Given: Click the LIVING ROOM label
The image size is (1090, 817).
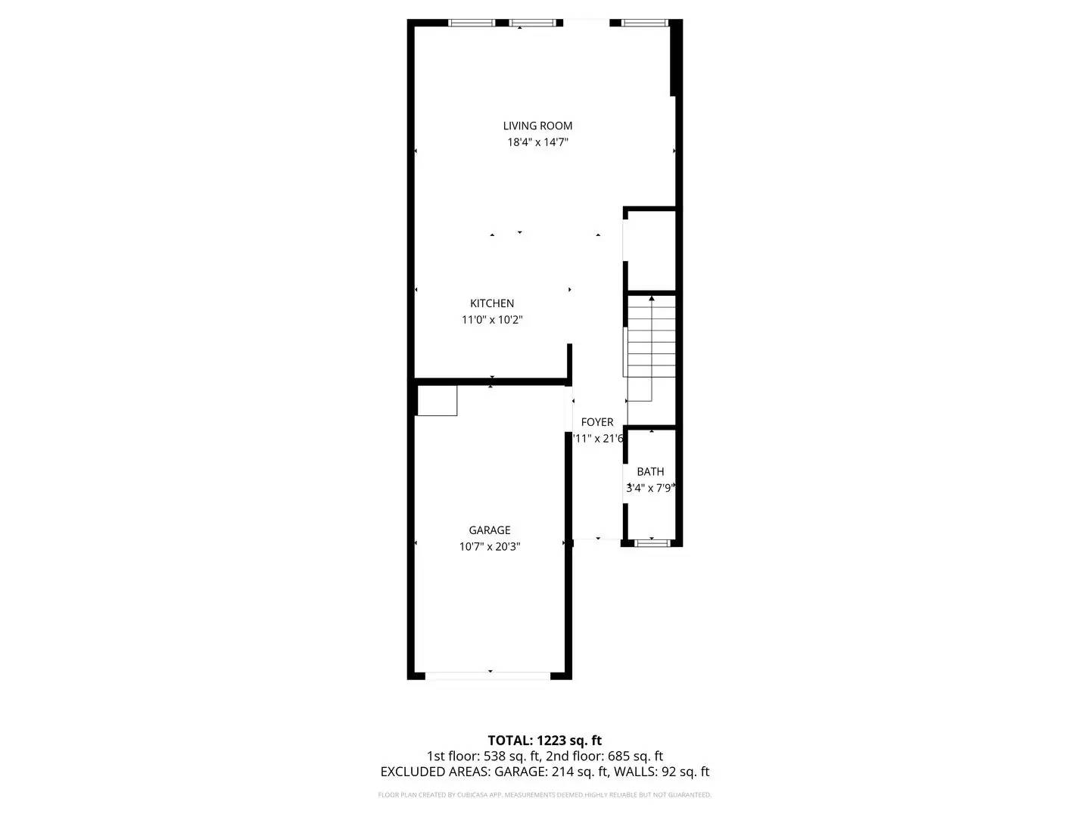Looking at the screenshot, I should tap(537, 126).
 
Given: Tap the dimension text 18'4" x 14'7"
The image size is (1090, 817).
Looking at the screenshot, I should tap(537, 142).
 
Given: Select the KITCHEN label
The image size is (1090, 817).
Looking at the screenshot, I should tap(492, 303).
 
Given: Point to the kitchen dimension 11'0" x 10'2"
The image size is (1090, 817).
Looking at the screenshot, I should tap(492, 320).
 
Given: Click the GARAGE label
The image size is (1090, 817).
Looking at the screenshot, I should tap(490, 530).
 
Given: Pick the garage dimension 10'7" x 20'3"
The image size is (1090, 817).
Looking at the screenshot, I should tap(490, 547).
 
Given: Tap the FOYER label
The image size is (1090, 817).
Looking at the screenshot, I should tap(597, 422).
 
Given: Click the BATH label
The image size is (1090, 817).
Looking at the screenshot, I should tap(650, 471).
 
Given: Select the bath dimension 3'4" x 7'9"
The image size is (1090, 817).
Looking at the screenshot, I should tap(650, 489).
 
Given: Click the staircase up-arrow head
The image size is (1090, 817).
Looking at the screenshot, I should tap(652, 299).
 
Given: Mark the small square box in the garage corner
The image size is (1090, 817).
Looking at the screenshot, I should tap(438, 400).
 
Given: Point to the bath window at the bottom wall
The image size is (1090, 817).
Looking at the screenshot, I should tap(651, 542).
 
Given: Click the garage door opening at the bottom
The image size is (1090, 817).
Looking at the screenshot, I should tap(490, 674).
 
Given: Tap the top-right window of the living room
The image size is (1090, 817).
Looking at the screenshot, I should tap(645, 23).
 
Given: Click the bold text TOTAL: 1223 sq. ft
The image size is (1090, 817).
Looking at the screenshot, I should tap(545, 740).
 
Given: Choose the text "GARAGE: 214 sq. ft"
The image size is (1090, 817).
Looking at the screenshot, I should tap(552, 772).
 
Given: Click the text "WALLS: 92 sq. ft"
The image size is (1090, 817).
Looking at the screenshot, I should tap(661, 772).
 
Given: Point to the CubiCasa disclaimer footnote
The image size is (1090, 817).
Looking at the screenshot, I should tap(545, 795).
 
